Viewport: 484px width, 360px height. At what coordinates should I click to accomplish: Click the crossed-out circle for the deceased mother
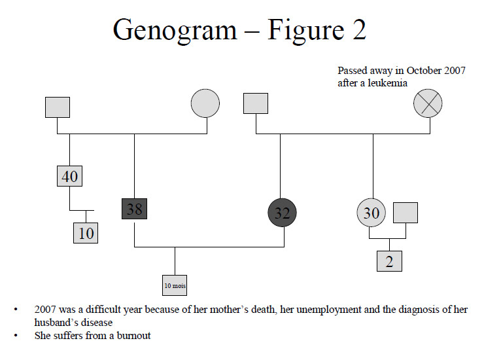[x=428, y=103]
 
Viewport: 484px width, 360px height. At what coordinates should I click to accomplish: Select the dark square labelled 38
[x=134, y=208]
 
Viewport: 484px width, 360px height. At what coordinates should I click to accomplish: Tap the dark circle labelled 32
[x=283, y=212]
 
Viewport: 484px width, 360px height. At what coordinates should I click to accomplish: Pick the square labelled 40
[x=69, y=177]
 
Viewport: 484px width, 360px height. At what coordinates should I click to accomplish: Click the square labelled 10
[x=86, y=232]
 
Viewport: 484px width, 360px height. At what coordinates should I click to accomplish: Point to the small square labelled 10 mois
[x=175, y=285]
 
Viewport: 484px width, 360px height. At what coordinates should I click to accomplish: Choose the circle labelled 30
[x=371, y=213]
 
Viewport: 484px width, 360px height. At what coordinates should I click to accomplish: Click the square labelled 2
[x=389, y=261]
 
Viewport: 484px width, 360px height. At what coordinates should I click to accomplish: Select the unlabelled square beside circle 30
[x=406, y=213]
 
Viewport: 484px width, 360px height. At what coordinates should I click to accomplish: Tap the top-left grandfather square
[x=58, y=107]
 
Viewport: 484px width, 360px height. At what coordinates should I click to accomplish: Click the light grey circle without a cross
[x=205, y=103]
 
